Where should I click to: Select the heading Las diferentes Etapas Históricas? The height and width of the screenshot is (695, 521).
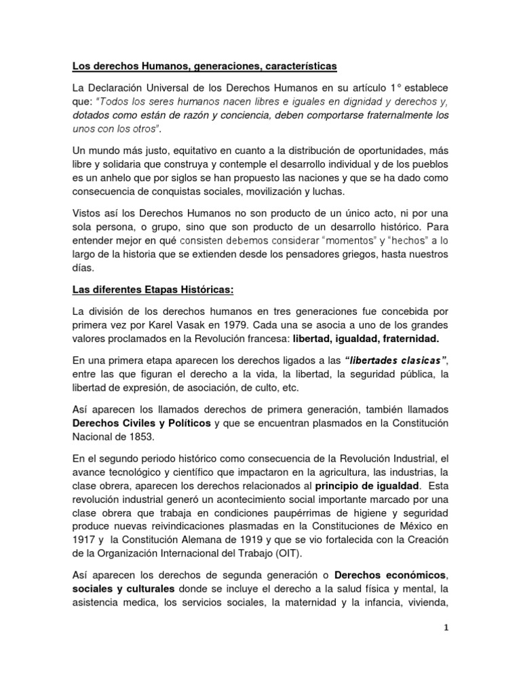tap(153, 290)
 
